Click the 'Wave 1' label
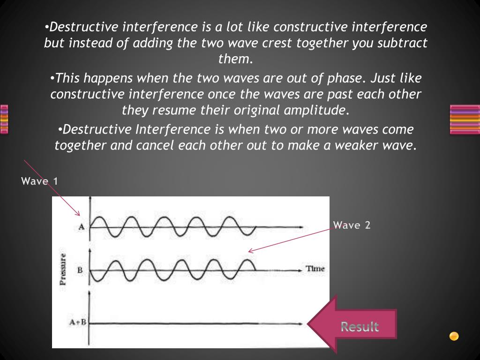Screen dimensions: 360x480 (40, 181)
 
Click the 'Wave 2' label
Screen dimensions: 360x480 (352, 225)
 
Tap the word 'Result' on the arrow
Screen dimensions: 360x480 (360, 326)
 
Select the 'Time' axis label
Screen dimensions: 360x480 (315, 269)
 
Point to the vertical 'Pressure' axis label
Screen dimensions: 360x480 (63, 269)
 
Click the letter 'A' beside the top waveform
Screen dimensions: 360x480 (81, 227)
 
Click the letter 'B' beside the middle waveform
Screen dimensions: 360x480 (80, 270)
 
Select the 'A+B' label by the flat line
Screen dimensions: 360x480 (78, 322)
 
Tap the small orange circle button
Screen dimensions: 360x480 (454, 336)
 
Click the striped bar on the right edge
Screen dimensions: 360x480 (465, 119)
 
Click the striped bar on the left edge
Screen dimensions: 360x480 (4, 119)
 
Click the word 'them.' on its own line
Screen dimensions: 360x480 (236, 60)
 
